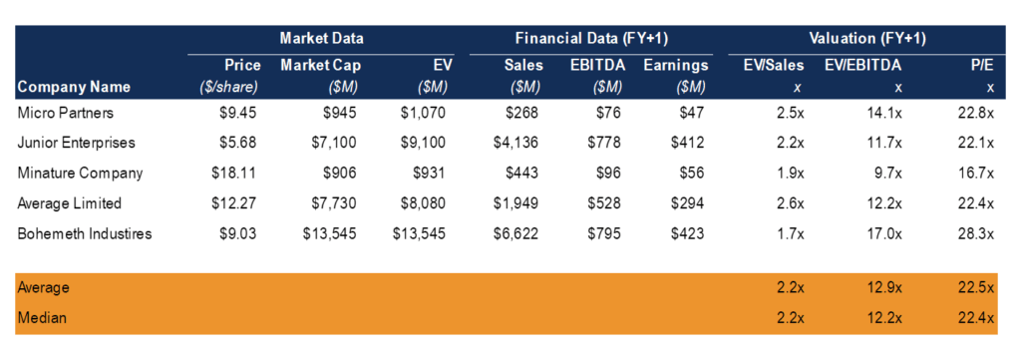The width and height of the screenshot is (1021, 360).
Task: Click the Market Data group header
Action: tap(321, 39)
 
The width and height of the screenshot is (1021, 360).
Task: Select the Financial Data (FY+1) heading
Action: tap(590, 39)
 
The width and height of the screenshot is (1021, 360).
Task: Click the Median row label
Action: tap(39, 318)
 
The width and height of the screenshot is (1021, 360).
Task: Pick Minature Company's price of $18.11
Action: tap(235, 173)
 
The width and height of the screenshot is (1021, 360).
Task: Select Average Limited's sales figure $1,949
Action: tap(516, 203)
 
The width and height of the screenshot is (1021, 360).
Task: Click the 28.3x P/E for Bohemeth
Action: tap(976, 233)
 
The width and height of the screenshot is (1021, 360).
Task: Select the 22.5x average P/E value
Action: tap(976, 288)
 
